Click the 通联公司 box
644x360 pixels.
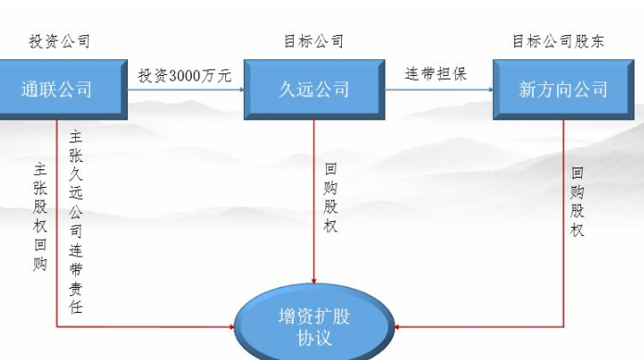click(x=57, y=90)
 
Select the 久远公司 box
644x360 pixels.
click(x=314, y=90)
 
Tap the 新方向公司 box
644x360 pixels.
click(x=562, y=90)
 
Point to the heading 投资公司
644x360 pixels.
click(x=59, y=42)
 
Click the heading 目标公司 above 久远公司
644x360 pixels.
click(x=314, y=42)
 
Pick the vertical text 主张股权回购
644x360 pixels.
click(x=40, y=217)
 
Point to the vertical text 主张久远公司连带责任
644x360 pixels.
click(x=76, y=222)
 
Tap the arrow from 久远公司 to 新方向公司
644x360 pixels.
click(x=437, y=90)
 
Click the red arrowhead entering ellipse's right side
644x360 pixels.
click(x=399, y=327)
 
